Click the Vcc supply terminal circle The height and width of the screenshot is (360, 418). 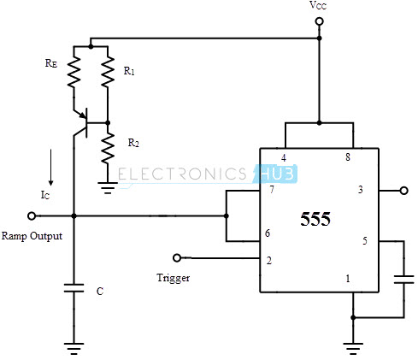click(x=319, y=21)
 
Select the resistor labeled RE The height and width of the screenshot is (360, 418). click(x=74, y=72)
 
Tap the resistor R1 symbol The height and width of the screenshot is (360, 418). click(x=108, y=72)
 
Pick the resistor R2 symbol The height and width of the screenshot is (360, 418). click(x=108, y=148)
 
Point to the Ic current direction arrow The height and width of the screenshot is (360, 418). click(x=50, y=167)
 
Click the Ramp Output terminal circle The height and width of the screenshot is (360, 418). click(x=32, y=216)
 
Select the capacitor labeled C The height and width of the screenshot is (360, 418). click(x=74, y=288)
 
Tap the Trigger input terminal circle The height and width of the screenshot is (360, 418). click(x=177, y=258)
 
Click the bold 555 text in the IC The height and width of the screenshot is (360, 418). click(x=315, y=219)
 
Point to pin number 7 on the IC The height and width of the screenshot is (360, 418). click(x=272, y=190)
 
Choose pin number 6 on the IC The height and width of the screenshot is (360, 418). click(x=268, y=233)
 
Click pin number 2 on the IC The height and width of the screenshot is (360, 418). click(x=268, y=261)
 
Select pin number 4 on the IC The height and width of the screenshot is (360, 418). click(x=284, y=157)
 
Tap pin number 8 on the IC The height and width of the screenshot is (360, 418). click(x=348, y=157)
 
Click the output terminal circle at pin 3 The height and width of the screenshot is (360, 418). click(x=403, y=191)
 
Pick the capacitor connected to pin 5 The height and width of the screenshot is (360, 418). click(x=403, y=280)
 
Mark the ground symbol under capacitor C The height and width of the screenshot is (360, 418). click(x=74, y=348)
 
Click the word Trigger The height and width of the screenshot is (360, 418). click(x=174, y=278)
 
